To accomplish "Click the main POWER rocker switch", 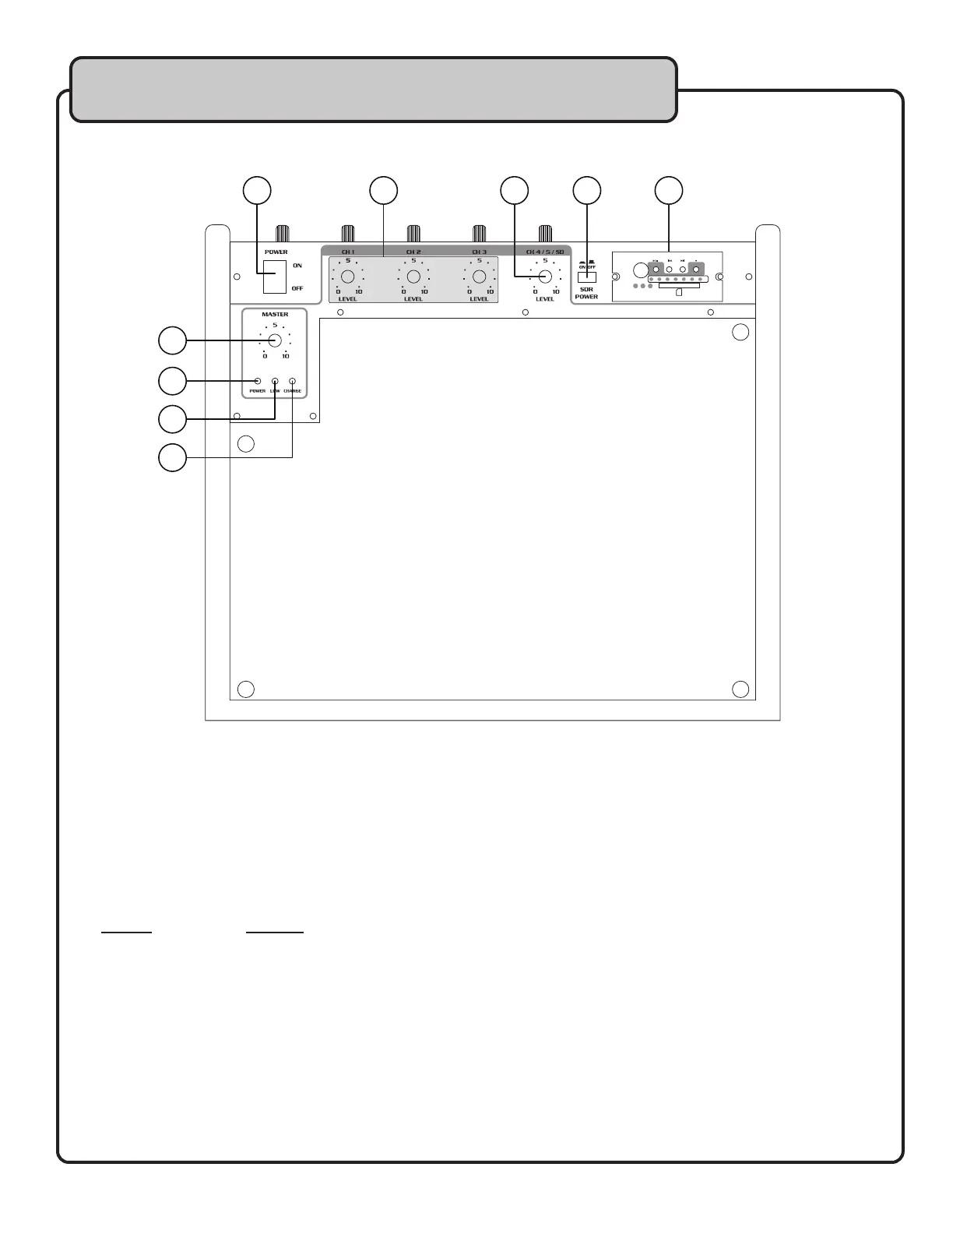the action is (x=274, y=277).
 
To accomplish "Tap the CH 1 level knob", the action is (x=348, y=277).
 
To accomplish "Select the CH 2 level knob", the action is (x=413, y=277).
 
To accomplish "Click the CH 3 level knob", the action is (x=480, y=277).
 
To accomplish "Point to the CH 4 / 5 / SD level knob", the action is (x=545, y=277).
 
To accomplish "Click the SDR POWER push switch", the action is (x=586, y=277).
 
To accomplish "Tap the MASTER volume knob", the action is (x=275, y=340).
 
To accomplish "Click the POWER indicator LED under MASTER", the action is (x=258, y=382).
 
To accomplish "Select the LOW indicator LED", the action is (x=275, y=382).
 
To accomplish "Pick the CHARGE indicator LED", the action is (x=292, y=382).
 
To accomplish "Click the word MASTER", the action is (x=275, y=315).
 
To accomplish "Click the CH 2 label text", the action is (x=413, y=252).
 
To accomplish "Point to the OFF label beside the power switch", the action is (x=297, y=289).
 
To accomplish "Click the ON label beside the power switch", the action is (x=297, y=266).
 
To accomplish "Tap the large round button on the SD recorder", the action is (x=640, y=271).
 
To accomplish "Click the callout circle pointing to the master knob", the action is (x=172, y=340).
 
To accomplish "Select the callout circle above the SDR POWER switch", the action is (x=587, y=191).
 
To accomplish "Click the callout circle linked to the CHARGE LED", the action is (x=172, y=457).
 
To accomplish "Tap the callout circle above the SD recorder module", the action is (x=668, y=191).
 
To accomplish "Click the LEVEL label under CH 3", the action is (x=480, y=299).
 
